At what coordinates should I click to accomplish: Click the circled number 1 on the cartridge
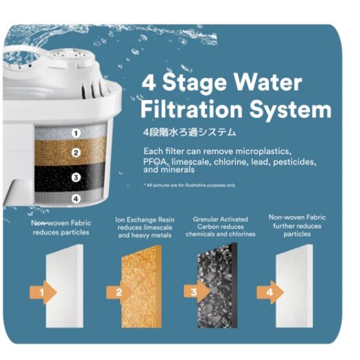click(76, 134)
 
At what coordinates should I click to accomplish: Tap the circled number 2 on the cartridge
click(76, 153)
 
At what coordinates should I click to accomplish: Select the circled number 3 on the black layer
click(76, 178)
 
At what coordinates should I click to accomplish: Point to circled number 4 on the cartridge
click(76, 199)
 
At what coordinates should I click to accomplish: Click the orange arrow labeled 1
click(43, 293)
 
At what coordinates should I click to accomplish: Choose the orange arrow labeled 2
click(119, 293)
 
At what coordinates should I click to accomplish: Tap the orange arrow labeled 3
click(197, 292)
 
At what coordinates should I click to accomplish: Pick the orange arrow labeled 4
click(270, 293)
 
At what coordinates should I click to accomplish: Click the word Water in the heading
click(265, 82)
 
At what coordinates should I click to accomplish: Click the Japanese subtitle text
click(189, 132)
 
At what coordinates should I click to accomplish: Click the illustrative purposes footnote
click(190, 185)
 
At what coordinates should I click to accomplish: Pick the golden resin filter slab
click(141, 287)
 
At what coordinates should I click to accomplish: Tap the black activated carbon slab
click(217, 285)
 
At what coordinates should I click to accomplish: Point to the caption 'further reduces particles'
click(297, 230)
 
